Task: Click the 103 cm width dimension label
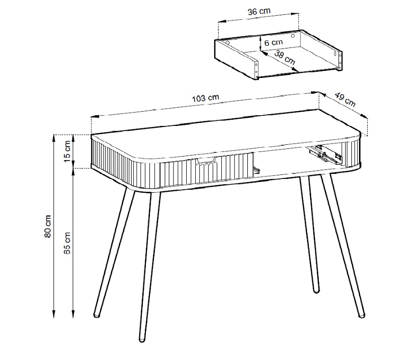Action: (x=206, y=98)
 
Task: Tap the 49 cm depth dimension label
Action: (x=345, y=99)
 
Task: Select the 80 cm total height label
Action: (x=47, y=226)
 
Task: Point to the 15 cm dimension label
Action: (x=67, y=151)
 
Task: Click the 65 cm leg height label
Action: (x=67, y=243)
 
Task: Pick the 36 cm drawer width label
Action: (x=259, y=11)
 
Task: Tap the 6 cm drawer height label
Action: (x=273, y=42)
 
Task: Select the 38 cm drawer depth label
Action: (x=285, y=58)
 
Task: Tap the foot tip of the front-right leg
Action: (x=362, y=315)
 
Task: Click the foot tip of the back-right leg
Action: (x=316, y=291)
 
